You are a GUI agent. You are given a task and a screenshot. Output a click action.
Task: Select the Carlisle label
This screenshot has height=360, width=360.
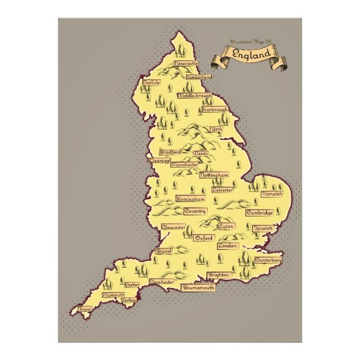151,82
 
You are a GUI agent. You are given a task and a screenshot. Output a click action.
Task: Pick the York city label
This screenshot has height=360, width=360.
217,129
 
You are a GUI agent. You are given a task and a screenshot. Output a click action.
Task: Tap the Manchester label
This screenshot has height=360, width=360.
184,164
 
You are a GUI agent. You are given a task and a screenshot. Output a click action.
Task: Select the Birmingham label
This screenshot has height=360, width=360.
190,200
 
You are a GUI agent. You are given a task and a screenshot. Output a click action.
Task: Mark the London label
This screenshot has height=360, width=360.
227,246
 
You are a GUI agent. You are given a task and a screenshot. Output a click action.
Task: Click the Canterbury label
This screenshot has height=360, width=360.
268,260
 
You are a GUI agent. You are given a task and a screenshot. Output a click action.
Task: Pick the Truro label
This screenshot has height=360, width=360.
85,309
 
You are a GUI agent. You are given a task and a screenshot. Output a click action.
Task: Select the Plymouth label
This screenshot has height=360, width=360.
113,295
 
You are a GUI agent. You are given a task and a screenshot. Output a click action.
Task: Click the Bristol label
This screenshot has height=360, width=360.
164,251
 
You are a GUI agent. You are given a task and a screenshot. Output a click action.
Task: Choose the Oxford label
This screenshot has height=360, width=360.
204,238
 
